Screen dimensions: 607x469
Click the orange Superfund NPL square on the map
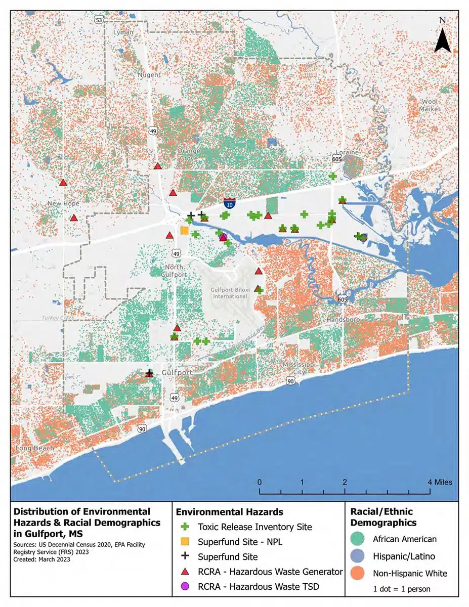(185, 231)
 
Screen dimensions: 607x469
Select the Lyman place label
(124, 32)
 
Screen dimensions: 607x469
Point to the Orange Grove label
(188, 154)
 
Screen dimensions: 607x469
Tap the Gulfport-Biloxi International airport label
(230, 293)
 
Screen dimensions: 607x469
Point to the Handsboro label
(343, 320)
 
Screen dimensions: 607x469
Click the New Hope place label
(64, 203)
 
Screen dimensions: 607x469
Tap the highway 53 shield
(99, 19)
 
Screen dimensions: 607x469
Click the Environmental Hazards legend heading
(229, 512)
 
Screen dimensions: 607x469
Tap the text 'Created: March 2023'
(41, 559)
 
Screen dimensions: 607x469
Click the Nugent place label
(149, 75)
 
